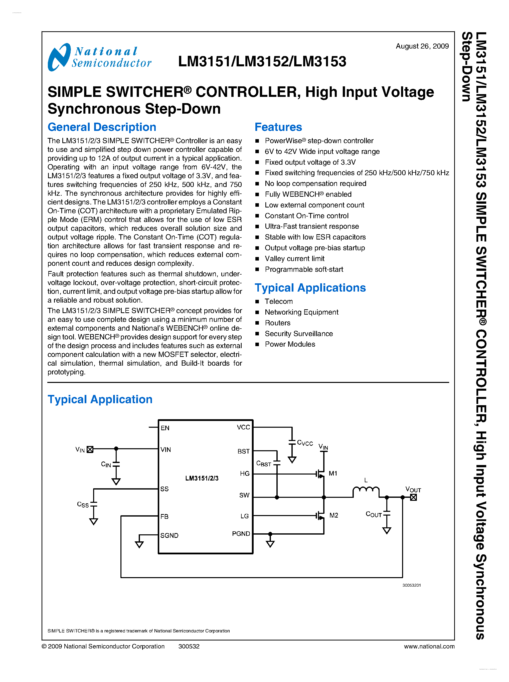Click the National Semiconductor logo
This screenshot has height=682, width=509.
point(99,57)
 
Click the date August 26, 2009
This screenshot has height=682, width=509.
point(422,46)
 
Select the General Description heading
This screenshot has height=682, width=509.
point(102,127)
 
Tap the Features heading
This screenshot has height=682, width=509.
point(278,127)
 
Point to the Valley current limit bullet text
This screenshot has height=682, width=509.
point(294,259)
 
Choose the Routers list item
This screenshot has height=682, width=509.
point(277,323)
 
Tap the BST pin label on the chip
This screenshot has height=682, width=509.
point(243,451)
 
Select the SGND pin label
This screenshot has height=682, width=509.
point(169,535)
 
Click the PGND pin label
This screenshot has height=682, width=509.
point(241,534)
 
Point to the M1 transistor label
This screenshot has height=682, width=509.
point(333,473)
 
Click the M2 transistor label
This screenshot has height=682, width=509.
point(333,515)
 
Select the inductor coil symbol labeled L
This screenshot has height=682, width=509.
point(366,490)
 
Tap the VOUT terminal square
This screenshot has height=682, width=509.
point(413,497)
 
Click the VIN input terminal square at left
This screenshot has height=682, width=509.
point(90,449)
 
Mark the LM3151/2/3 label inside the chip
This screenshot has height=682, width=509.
point(202,478)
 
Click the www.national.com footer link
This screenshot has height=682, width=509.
point(429,646)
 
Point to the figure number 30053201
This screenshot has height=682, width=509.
point(411,585)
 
